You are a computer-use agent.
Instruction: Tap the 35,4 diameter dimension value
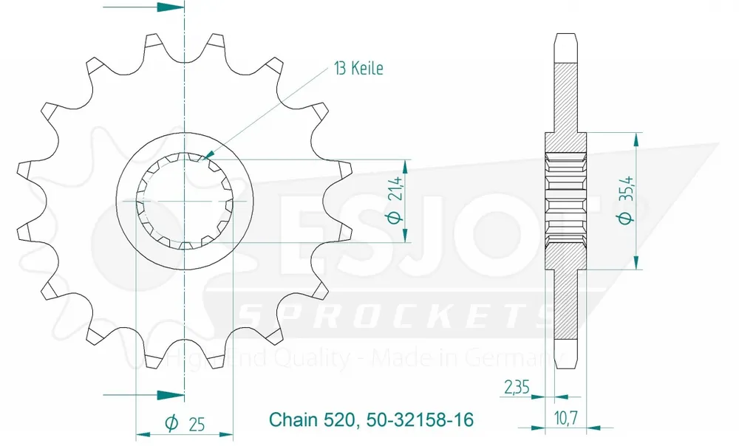point(626,190)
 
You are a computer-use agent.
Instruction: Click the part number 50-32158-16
point(418,420)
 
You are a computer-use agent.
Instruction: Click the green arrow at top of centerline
point(171,7)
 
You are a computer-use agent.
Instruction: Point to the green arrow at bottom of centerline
point(171,394)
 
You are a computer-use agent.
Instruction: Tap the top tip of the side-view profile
point(566,35)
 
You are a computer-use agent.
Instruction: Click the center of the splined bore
point(185,201)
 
